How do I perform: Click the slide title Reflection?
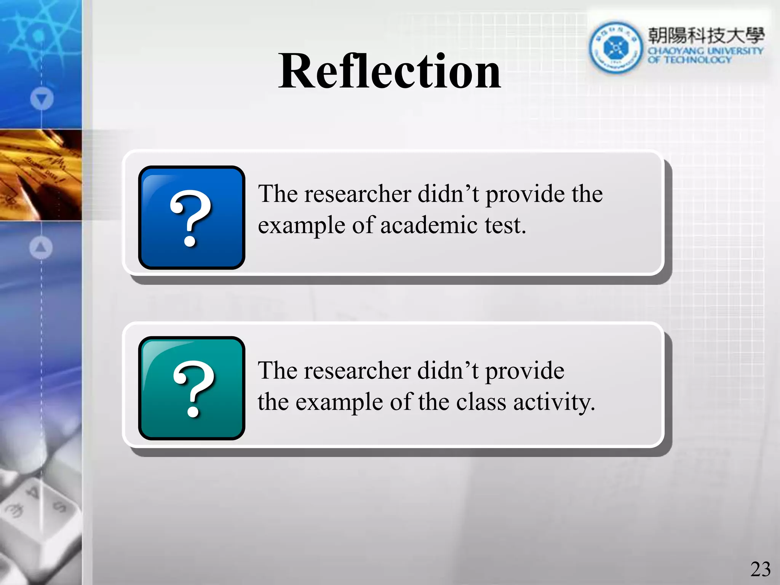pos(389,72)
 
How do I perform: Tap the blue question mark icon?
pos(192,217)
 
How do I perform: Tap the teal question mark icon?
pos(192,388)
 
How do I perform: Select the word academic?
pos(429,225)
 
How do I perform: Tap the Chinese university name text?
pos(706,35)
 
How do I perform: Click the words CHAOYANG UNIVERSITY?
pos(705,51)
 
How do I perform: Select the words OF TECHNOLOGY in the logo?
pos(689,60)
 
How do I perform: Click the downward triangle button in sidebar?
pos(42,99)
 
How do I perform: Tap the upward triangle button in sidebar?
pos(41,248)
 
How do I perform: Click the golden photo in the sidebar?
pos(41,175)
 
